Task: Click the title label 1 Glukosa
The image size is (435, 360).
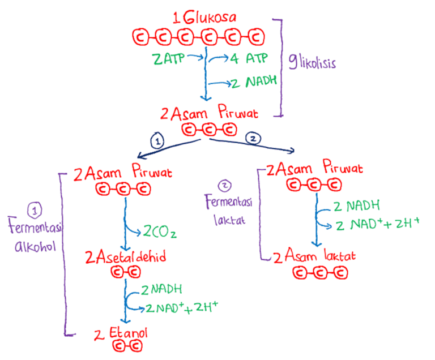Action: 205,19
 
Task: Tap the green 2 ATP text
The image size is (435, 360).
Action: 169,58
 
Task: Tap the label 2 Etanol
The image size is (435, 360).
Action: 121,332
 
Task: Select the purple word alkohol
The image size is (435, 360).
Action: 35,247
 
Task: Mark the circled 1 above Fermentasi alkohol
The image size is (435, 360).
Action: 35,211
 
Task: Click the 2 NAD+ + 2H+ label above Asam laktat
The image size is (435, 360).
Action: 377,224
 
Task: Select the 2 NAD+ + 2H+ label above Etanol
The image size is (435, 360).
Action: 182,308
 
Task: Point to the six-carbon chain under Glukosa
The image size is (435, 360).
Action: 199,38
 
